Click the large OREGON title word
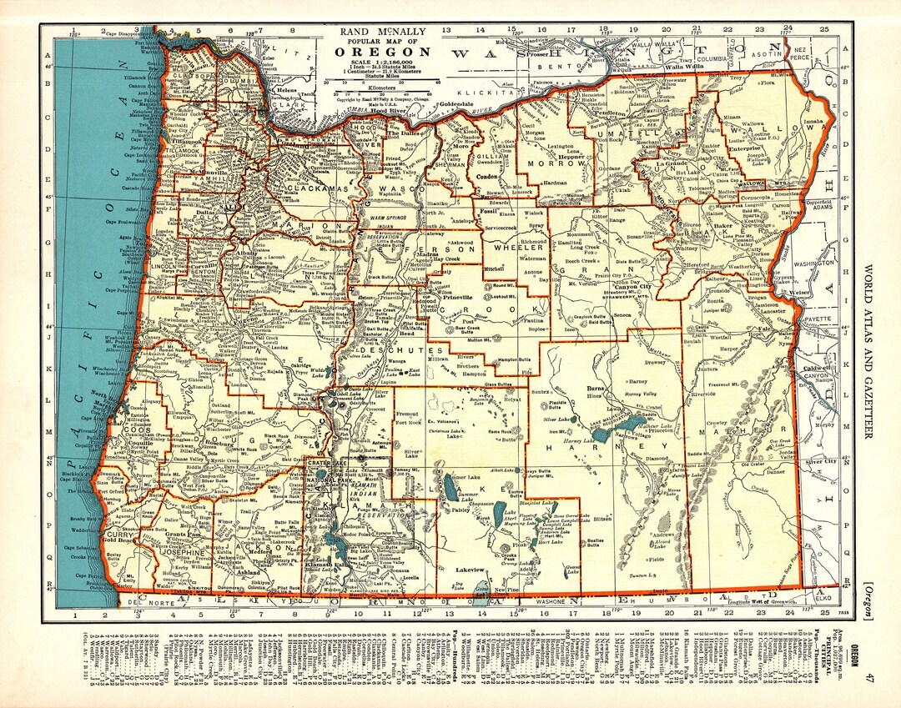pos(383,52)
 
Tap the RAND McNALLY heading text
pos(383,32)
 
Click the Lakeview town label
pos(470,570)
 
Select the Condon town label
pos(486,177)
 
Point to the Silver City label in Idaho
pos(821,461)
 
